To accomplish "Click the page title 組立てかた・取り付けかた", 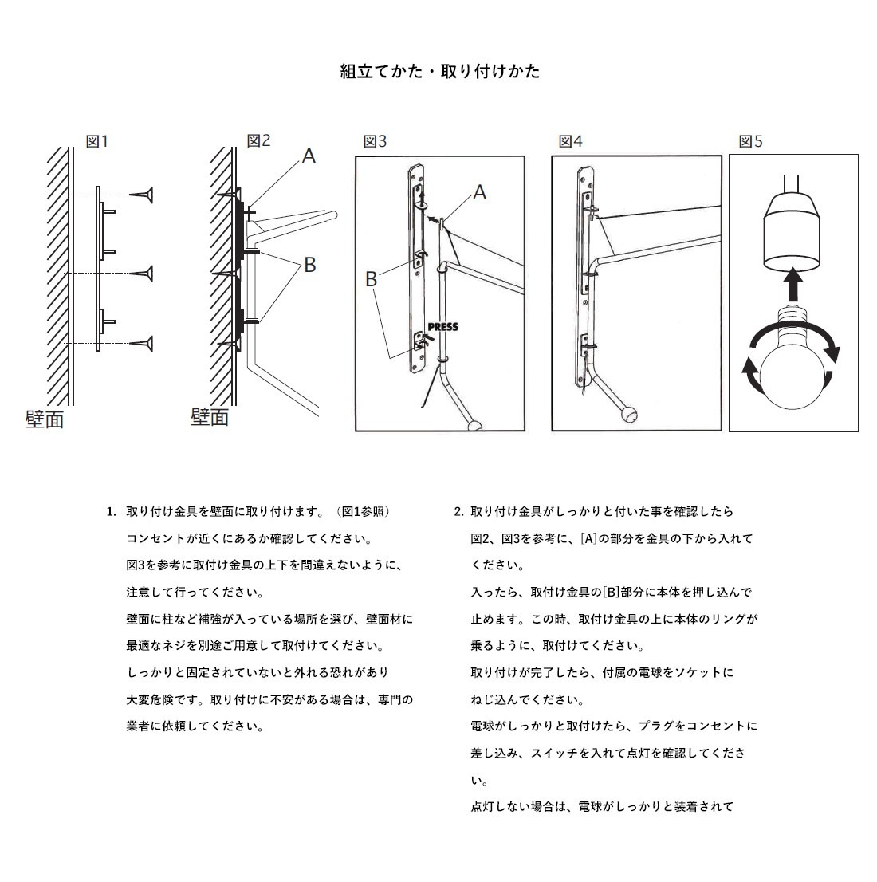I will click(x=439, y=71).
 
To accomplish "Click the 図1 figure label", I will click(x=96, y=141).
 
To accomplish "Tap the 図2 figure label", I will click(x=258, y=140).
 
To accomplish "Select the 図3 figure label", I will click(x=375, y=141).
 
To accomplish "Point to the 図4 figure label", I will click(x=570, y=141).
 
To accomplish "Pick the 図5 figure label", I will click(x=750, y=141).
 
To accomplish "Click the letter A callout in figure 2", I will click(x=309, y=156).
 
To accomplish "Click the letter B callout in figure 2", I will click(x=309, y=264).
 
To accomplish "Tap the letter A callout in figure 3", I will click(x=479, y=192).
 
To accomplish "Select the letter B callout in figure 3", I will click(x=371, y=279).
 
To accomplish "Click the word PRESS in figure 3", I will click(x=443, y=327).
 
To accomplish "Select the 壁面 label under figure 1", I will click(x=45, y=419).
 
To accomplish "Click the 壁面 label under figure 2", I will click(x=210, y=416).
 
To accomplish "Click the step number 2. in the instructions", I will click(x=458, y=511).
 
